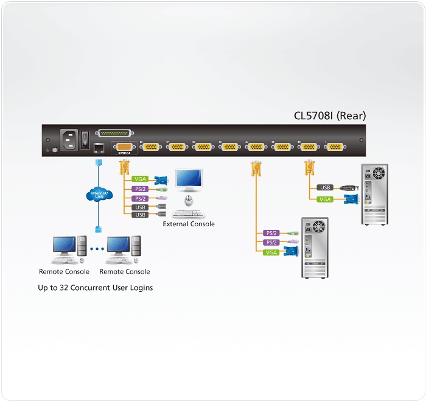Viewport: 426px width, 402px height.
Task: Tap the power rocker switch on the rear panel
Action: coord(86,137)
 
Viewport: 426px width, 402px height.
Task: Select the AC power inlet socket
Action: coord(68,138)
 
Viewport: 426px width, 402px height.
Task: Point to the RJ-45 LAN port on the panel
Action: coord(99,147)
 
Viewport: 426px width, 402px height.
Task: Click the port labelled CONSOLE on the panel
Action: coord(124,147)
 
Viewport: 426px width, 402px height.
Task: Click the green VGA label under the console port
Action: coord(140,179)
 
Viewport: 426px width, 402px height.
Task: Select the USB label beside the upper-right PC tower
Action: coord(325,187)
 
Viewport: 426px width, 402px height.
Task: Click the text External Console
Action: coord(189,224)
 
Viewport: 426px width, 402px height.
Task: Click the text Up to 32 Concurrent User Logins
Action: coord(96,288)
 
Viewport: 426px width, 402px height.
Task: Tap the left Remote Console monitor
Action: coord(63,245)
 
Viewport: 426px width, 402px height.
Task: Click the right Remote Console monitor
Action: coord(119,245)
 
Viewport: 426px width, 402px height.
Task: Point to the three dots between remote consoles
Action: coord(97,249)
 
